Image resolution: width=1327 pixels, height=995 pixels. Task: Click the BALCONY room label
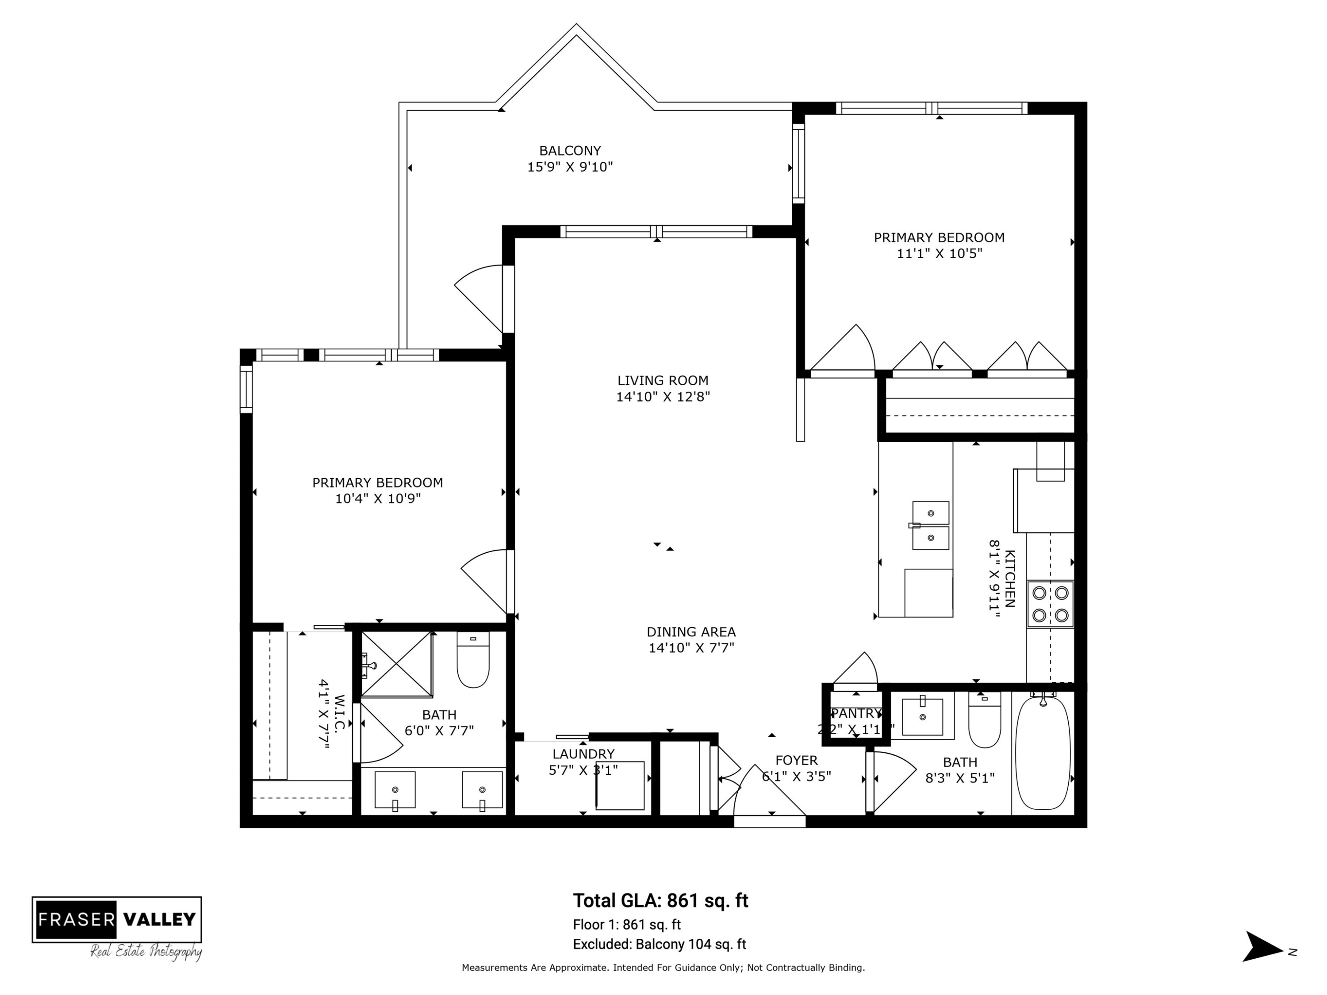[569, 150]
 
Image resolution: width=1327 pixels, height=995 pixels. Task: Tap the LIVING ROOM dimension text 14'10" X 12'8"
[663, 396]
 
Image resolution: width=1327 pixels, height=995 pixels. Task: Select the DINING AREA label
[690, 631]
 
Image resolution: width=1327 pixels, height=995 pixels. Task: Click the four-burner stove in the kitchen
[1050, 604]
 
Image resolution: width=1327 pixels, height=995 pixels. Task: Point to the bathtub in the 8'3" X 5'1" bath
[1043, 753]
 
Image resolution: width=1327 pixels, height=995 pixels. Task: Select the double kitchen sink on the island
[931, 525]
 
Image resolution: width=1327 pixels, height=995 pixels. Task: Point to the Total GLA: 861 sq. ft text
[660, 900]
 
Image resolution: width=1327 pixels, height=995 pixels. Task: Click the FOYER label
[796, 760]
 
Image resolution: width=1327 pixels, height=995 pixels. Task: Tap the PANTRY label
[856, 713]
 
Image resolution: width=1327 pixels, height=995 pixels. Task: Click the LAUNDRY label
[583, 754]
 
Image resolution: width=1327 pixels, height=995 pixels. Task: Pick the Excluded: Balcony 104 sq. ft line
[660, 944]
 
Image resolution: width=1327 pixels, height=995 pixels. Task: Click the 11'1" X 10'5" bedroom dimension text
[939, 253]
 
